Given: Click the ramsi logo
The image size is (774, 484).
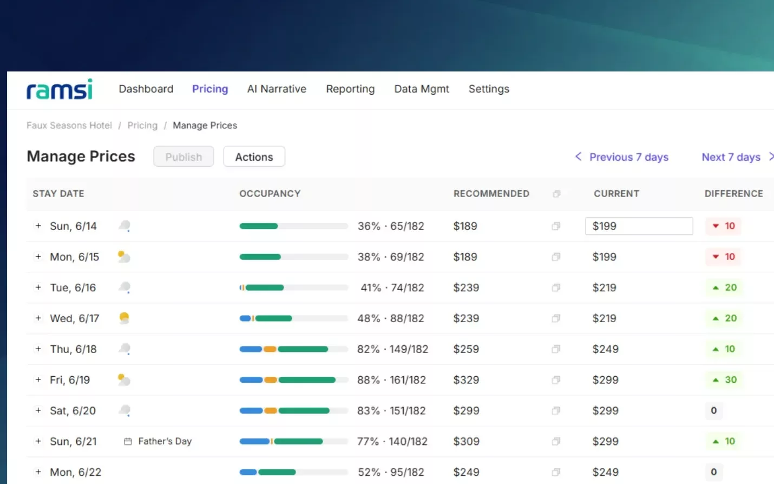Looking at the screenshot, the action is pyautogui.click(x=60, y=89).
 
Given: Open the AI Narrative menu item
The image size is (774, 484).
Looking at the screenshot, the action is pyautogui.click(x=277, y=89).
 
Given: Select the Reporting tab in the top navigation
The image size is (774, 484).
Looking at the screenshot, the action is pyautogui.click(x=350, y=89).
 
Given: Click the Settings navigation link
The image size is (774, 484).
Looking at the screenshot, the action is pyautogui.click(x=489, y=89).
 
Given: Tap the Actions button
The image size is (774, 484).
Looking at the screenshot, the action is pyautogui.click(x=254, y=156).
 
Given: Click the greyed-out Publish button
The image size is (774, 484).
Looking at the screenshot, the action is pyautogui.click(x=183, y=156).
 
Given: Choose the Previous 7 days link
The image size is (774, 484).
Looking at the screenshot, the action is pyautogui.click(x=621, y=157).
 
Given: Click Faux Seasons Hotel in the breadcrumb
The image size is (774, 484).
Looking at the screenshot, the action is pyautogui.click(x=69, y=125).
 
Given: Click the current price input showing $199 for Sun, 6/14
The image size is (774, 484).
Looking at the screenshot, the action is pyautogui.click(x=639, y=226).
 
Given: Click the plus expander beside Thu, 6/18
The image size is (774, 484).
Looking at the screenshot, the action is pyautogui.click(x=38, y=349).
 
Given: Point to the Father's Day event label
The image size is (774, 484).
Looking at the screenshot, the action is pyautogui.click(x=165, y=441).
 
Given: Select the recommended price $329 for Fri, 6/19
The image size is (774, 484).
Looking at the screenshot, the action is pyautogui.click(x=466, y=380).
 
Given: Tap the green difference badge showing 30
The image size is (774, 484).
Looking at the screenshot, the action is pyautogui.click(x=724, y=380).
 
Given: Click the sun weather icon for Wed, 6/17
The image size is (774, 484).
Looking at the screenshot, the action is pyautogui.click(x=124, y=318).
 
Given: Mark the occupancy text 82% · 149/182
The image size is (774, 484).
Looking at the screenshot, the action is pyautogui.click(x=392, y=349).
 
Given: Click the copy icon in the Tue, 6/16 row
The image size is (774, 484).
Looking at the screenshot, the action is pyautogui.click(x=556, y=287).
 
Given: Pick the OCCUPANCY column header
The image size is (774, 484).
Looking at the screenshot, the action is pyautogui.click(x=270, y=194).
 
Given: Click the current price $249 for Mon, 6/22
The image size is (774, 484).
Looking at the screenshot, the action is pyautogui.click(x=605, y=472).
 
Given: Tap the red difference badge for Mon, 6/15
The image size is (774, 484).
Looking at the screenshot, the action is pyautogui.click(x=723, y=257).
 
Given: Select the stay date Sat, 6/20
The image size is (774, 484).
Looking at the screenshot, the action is pyautogui.click(x=73, y=411).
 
